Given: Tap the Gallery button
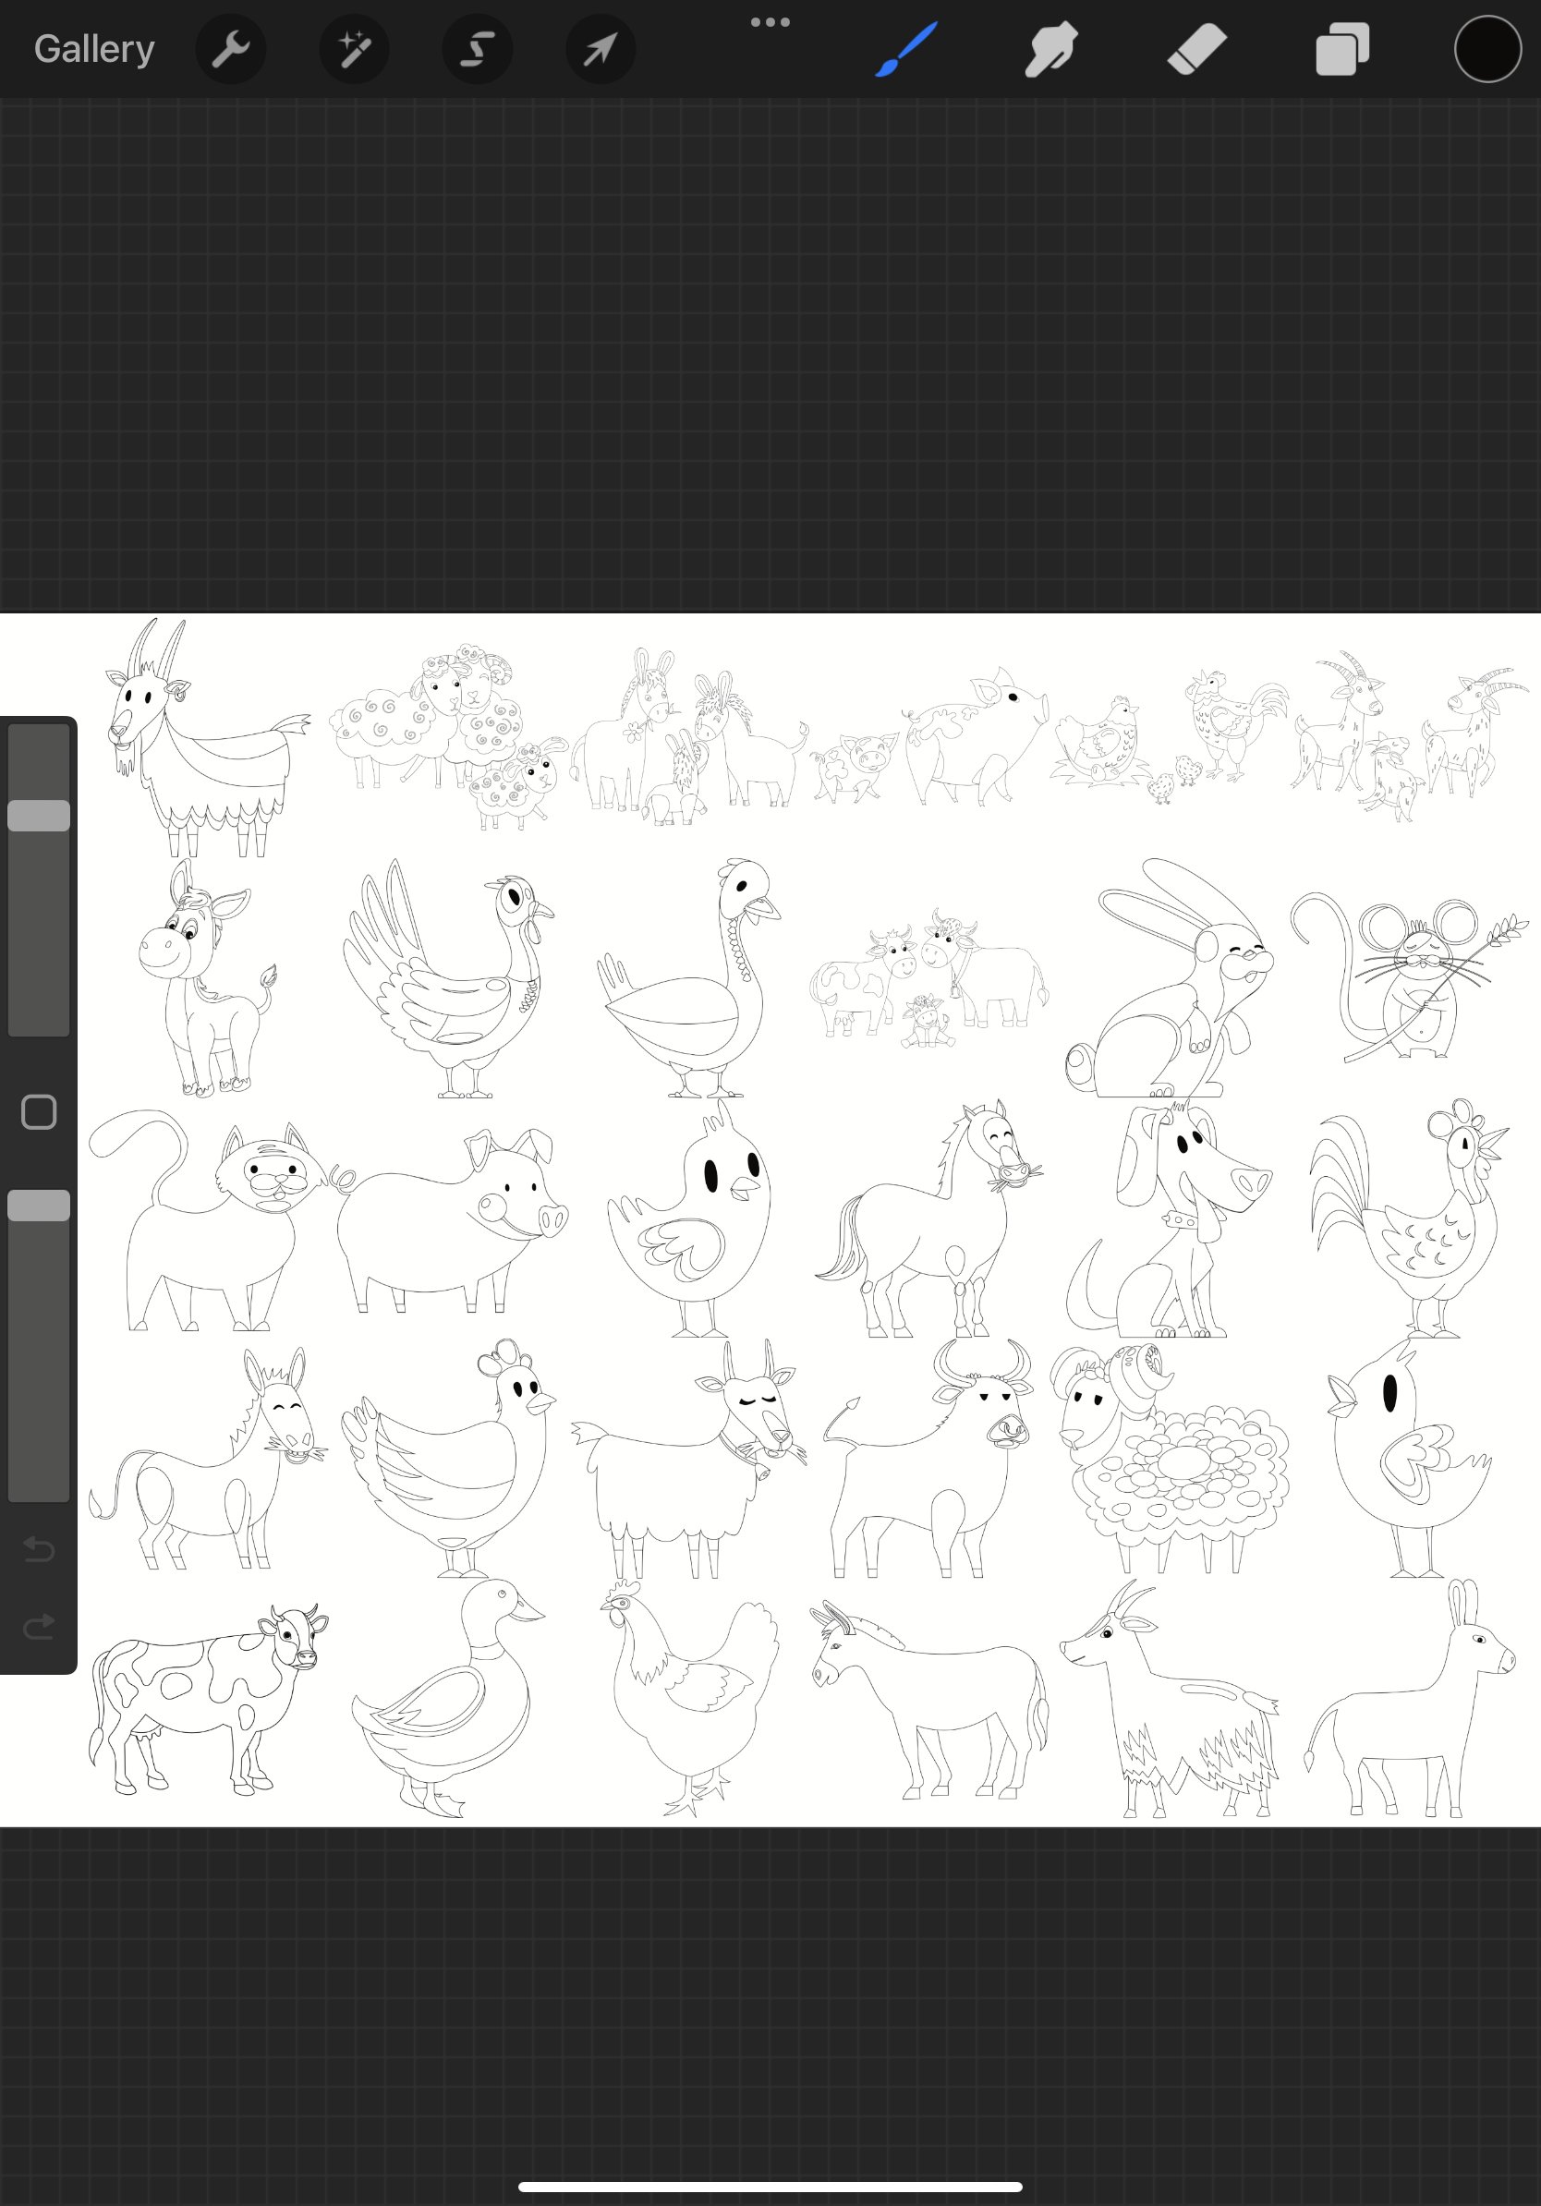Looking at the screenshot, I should [x=94, y=49].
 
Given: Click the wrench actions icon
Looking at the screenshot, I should [x=231, y=49].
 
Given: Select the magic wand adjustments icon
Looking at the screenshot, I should [x=354, y=49].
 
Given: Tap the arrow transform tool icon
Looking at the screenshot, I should [x=600, y=49].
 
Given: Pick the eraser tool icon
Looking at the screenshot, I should [x=1196, y=49].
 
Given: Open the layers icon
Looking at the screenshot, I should [x=1341, y=49].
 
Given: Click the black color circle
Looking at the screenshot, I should [x=1486, y=49].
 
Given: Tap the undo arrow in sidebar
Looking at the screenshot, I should [x=39, y=1549].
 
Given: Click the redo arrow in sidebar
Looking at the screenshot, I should [x=39, y=1627].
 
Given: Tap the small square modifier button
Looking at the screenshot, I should [x=39, y=1111].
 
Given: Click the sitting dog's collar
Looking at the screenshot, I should [x=1180, y=1221].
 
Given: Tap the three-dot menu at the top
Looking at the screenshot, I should [x=770, y=22].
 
